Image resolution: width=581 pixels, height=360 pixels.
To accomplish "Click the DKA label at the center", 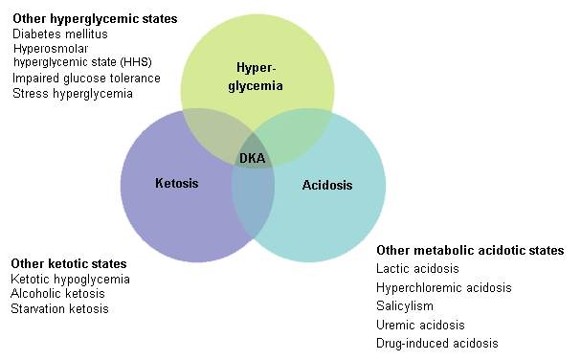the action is (253, 158).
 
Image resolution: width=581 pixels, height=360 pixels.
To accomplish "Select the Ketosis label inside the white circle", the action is (176, 182).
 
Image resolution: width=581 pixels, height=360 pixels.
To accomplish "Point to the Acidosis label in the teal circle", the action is (327, 185).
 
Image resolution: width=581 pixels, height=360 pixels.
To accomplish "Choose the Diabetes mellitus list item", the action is (59, 34).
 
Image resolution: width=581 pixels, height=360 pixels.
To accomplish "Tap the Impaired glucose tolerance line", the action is (86, 78).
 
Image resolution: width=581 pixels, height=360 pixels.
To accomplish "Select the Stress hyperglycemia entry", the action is (72, 93).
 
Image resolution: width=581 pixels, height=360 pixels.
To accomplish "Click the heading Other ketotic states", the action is (68, 263).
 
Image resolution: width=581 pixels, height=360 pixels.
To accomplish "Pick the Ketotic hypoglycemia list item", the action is (70, 279).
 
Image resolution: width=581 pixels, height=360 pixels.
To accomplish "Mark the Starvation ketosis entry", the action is (59, 309).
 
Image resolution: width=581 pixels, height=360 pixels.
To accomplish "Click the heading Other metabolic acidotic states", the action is (470, 251).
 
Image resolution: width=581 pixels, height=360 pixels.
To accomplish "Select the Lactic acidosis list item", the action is (417, 269).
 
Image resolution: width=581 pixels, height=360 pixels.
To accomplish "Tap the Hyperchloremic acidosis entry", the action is (443, 287).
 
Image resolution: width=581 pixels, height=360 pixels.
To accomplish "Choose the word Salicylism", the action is (405, 305).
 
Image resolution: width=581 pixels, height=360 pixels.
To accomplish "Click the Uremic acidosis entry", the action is (418, 325).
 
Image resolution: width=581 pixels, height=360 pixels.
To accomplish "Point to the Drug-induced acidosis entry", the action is (436, 343).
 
